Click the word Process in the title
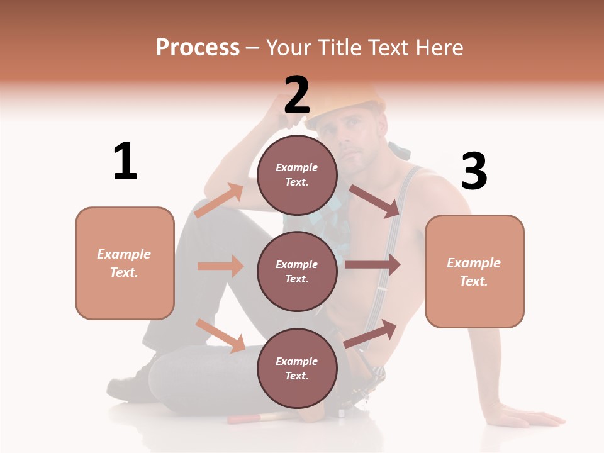click(198, 47)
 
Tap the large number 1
click(125, 161)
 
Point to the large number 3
click(474, 171)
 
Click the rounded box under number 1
click(125, 263)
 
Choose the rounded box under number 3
click(474, 271)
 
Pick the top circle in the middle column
click(296, 175)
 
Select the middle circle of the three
click(296, 271)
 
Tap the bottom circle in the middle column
click(296, 368)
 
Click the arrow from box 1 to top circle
click(219, 201)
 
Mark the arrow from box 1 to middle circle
click(220, 266)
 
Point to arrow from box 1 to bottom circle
click(220, 335)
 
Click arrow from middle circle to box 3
click(372, 265)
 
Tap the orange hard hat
click(352, 101)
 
